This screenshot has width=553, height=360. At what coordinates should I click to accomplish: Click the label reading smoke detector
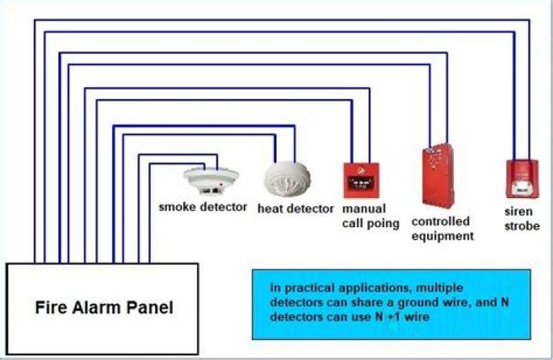coord(203,206)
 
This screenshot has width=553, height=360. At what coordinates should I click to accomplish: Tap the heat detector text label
coord(295,208)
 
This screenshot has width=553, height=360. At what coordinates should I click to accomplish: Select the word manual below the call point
coord(364,209)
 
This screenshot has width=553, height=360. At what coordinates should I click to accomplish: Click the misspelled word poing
coord(384,223)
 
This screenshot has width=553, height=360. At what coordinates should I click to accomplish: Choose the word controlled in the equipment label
coord(440,221)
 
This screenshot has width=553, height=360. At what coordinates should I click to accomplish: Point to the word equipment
coord(442,236)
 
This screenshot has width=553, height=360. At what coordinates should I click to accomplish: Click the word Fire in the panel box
coord(52,309)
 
